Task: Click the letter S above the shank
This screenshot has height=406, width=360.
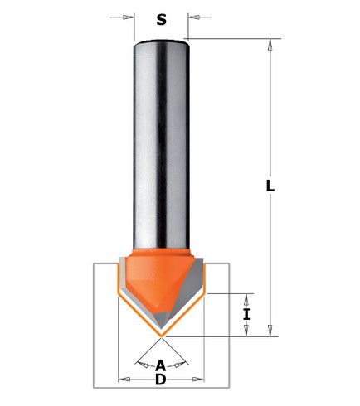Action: tap(161, 17)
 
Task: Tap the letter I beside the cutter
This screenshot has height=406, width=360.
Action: tap(246, 314)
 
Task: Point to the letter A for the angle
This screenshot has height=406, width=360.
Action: tap(161, 365)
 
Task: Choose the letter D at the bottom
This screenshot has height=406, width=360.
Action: tap(161, 379)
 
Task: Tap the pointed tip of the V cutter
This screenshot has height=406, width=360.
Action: tap(161, 336)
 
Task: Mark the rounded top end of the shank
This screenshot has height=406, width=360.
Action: tap(161, 41)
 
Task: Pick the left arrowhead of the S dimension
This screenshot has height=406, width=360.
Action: tap(129, 17)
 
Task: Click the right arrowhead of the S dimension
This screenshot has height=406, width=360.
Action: tap(192, 17)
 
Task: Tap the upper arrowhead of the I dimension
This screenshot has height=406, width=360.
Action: tap(246, 297)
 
